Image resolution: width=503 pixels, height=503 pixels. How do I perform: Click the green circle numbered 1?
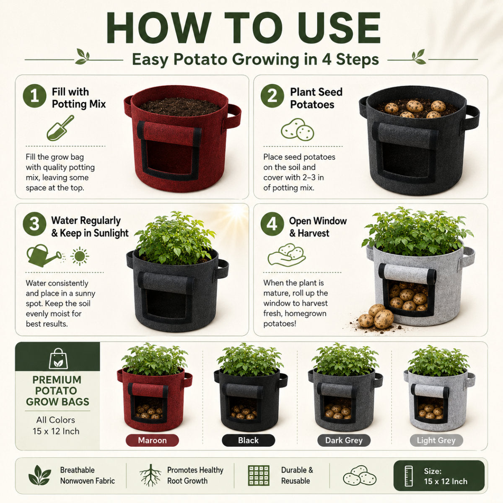click(34, 96)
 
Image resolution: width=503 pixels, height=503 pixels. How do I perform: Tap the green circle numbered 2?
click(272, 96)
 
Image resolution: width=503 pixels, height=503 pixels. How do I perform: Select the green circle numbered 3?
click(34, 224)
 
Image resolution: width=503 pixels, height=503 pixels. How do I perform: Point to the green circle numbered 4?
click(272, 224)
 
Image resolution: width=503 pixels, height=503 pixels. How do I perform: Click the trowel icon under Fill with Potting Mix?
click(60, 128)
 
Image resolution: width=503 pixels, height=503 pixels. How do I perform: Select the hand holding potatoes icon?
click(287, 255)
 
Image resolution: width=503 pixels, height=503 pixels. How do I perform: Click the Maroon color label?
click(152, 441)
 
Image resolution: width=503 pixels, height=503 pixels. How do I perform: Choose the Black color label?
click(248, 441)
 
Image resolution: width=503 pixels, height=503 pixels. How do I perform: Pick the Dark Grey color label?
click(344, 441)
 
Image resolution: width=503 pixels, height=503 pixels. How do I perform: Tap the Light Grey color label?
click(436, 441)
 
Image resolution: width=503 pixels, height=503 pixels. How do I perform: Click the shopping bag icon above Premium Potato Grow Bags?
click(58, 359)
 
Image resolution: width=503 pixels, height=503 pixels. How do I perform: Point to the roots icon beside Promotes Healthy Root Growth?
click(150, 475)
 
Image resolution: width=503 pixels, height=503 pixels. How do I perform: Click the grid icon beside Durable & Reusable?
click(259, 475)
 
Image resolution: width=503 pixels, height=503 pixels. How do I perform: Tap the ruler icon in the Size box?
click(408, 476)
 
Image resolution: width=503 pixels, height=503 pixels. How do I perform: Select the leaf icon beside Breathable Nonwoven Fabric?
click(39, 475)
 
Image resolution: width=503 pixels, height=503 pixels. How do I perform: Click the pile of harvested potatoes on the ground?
click(376, 316)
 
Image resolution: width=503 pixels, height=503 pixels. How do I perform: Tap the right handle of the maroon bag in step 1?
click(232, 117)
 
